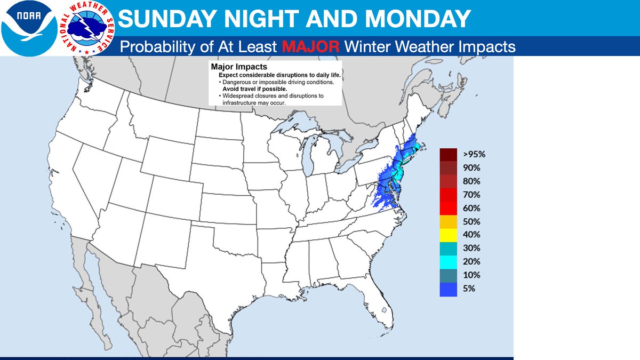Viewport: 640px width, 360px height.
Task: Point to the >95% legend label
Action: pyautogui.click(x=474, y=154)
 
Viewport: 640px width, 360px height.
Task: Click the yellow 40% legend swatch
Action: pyautogui.click(x=449, y=234)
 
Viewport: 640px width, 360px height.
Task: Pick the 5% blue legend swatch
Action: pyautogui.click(x=449, y=289)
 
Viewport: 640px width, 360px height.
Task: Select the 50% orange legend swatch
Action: pyautogui.click(x=449, y=221)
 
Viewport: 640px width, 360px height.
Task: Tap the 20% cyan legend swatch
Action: pyautogui.click(x=449, y=261)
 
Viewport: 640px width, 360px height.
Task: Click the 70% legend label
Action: pyautogui.click(x=471, y=195)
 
